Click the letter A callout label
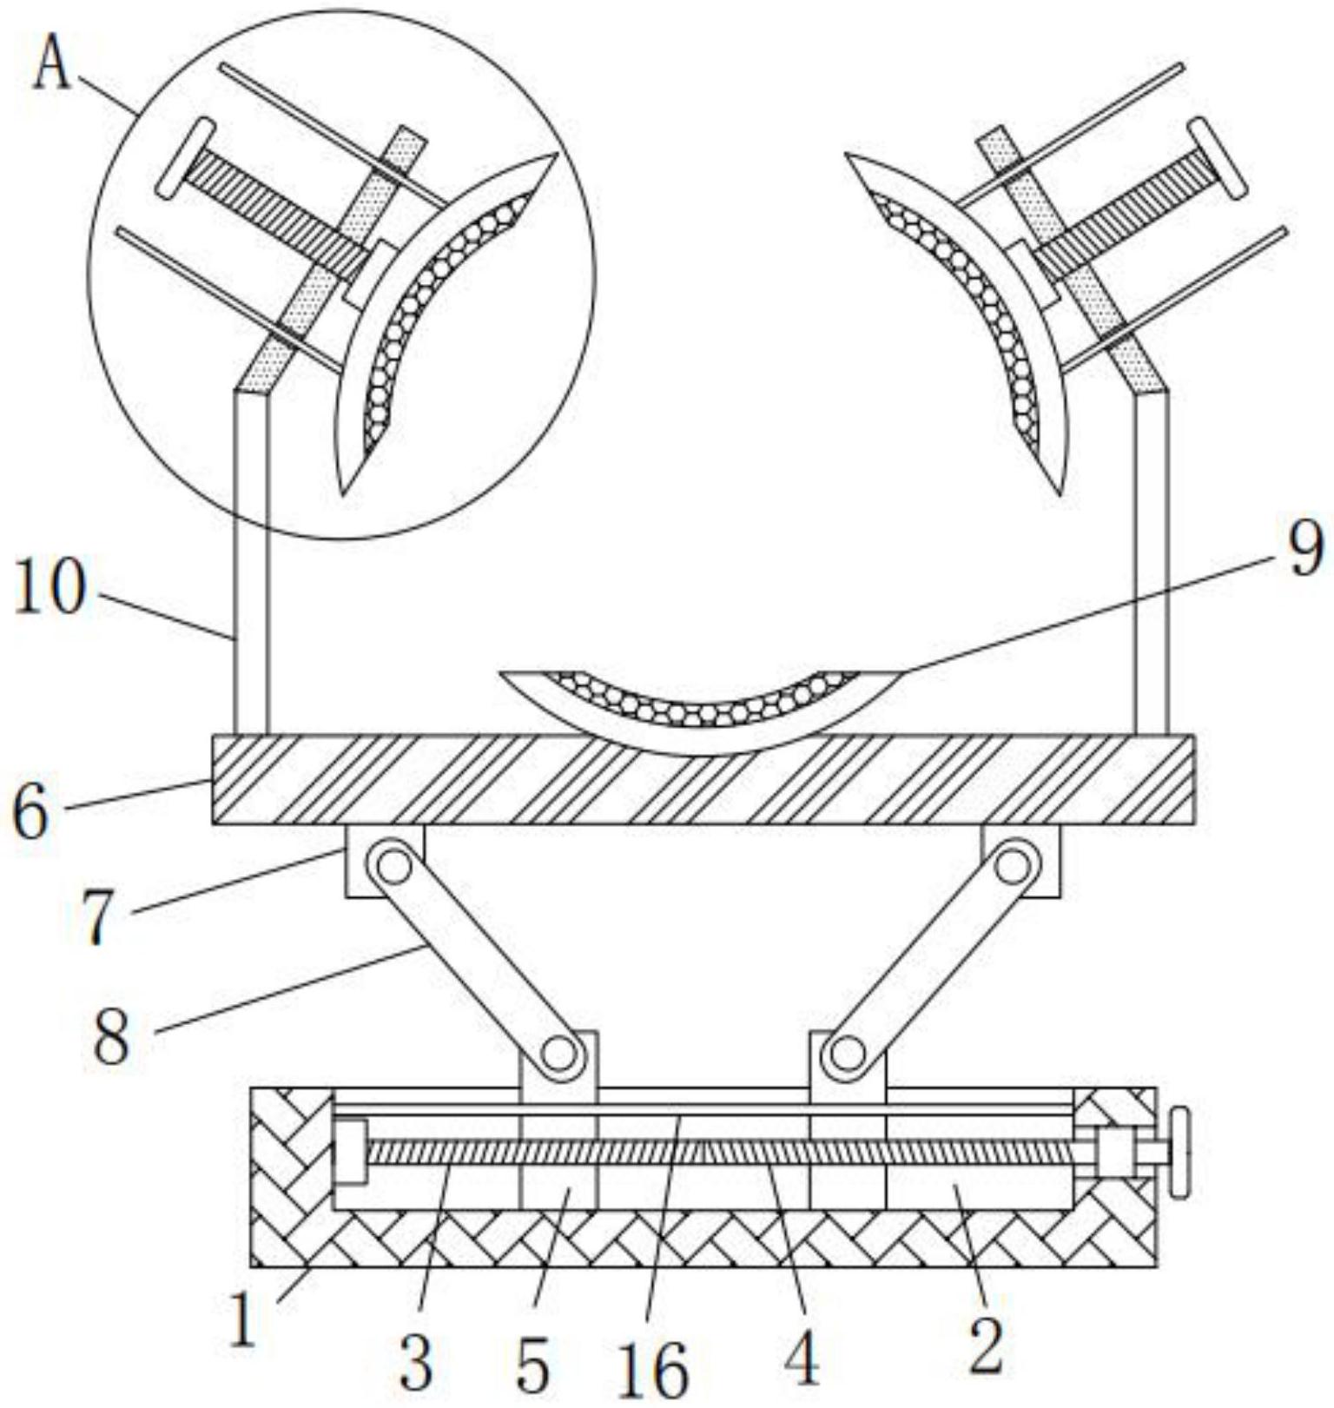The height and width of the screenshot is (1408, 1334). [x=51, y=66]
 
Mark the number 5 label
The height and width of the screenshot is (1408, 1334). [x=532, y=1365]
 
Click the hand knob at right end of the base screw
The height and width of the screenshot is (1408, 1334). [x=1179, y=1153]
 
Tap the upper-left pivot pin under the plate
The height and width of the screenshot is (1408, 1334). [x=393, y=865]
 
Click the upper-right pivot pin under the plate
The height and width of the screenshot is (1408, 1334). [x=1012, y=865]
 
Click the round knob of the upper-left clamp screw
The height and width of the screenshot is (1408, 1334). [x=185, y=158]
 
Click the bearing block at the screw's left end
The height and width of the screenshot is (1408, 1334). [x=350, y=1152]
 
